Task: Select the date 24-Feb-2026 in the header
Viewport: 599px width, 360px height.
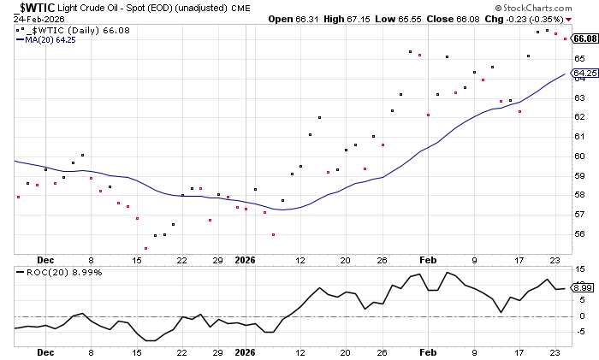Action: pos(28,18)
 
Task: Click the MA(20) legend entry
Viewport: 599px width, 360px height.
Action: pos(52,38)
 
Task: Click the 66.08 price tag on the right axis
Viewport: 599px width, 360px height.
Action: pos(584,38)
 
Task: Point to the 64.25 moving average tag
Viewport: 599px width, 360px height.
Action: pos(584,74)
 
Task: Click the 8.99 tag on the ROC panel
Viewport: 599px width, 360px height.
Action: pos(583,288)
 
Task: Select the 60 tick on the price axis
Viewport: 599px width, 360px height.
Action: pos(579,156)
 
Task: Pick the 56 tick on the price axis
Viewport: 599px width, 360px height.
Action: pos(579,234)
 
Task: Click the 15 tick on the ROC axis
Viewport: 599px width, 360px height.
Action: pos(579,269)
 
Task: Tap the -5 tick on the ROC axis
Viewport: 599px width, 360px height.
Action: pos(579,332)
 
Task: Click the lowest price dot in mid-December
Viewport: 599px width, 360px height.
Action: pos(146,248)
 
